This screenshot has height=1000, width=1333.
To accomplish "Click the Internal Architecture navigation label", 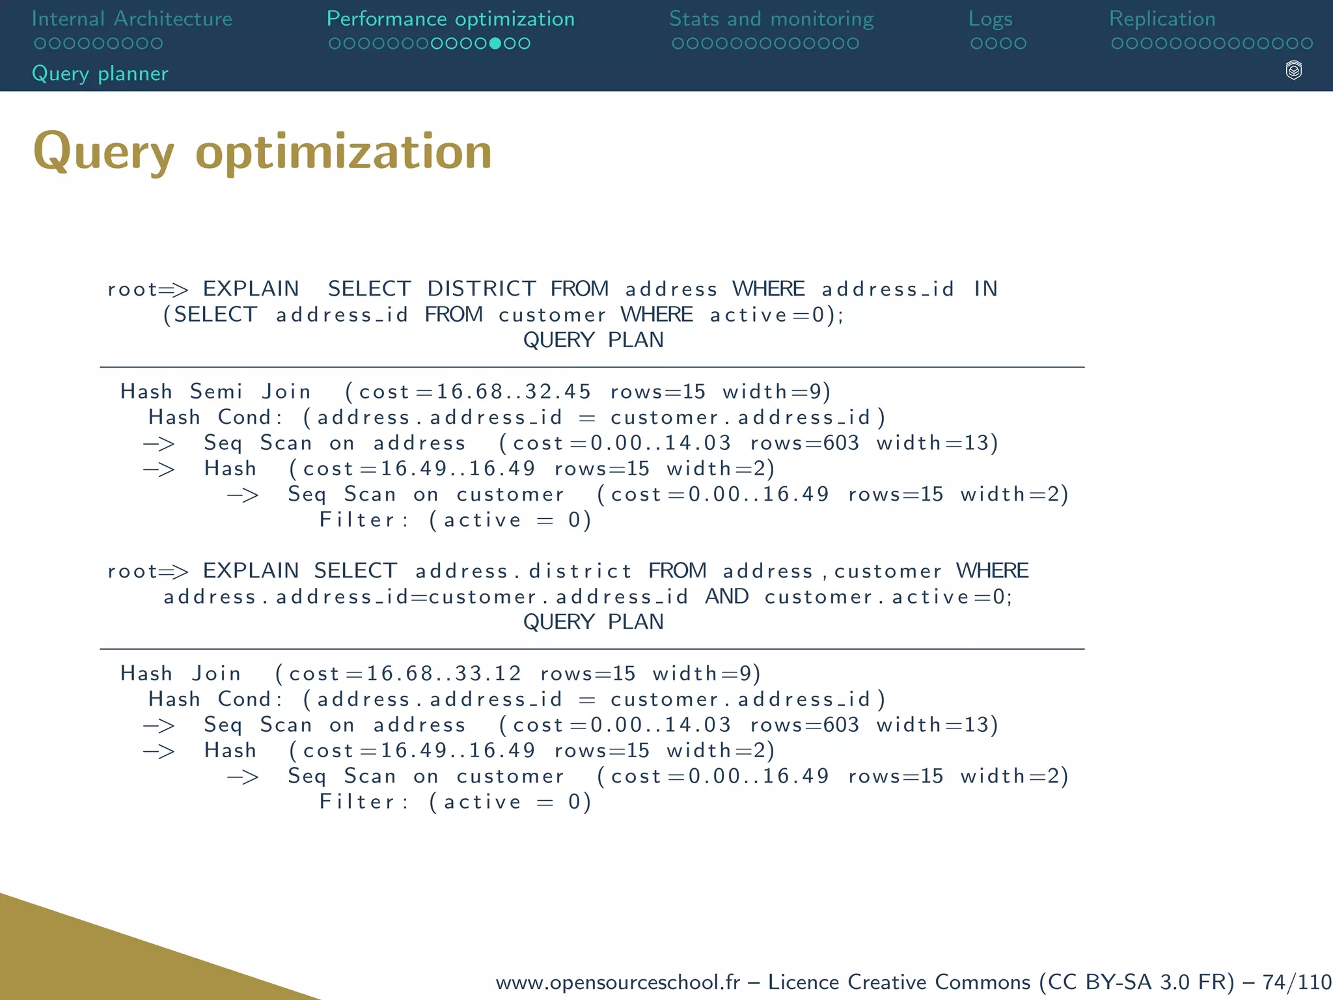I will point(131,19).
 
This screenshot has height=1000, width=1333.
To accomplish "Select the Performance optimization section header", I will point(450,19).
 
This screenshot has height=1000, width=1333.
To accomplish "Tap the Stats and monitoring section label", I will point(771,19).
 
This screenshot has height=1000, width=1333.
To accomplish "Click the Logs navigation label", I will point(990,19).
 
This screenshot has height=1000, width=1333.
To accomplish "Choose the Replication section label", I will point(1162,19).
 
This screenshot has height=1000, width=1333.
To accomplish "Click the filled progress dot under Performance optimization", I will point(495,44).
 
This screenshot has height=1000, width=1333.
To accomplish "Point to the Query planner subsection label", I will point(100,74).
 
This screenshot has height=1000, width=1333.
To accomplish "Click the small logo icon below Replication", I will point(1294,70).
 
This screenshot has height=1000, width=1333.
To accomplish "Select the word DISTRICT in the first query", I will point(482,288).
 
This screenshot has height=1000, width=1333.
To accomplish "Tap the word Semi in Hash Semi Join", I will point(216,391).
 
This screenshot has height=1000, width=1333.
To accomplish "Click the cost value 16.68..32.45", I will point(513,391).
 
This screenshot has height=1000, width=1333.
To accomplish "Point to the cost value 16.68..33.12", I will point(443,673).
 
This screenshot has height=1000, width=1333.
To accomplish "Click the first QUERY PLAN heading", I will point(593,340).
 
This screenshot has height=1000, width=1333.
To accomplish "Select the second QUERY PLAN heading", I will point(593,622).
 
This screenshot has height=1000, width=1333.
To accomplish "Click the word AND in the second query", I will point(727,596).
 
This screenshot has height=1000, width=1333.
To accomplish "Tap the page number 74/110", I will point(1297,982).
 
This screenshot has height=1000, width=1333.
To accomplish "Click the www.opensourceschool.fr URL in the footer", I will point(618,982).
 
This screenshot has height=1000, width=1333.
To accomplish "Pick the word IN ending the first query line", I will point(985,288).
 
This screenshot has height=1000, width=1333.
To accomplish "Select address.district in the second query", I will point(523,571).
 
